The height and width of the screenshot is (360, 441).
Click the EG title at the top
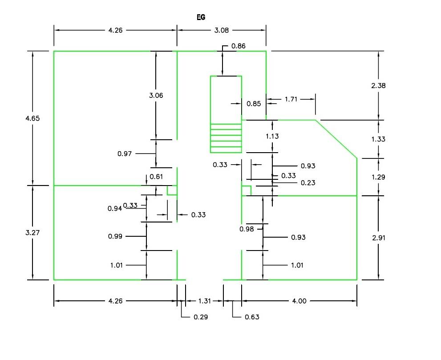(201, 18)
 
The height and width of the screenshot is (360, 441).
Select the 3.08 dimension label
(221, 30)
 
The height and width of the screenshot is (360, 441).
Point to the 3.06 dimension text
(156, 95)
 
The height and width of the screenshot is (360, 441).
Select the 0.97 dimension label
(125, 154)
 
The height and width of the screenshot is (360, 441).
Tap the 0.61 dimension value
(156, 177)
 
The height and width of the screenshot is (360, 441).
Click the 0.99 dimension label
(115, 236)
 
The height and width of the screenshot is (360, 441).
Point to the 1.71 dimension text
(291, 99)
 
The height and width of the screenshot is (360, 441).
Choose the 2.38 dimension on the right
(378, 86)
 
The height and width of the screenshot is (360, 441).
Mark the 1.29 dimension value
(378, 177)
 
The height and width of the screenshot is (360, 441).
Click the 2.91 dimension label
(378, 238)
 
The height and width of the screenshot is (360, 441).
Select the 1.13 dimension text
(272, 137)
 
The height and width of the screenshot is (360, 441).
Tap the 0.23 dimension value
(308, 183)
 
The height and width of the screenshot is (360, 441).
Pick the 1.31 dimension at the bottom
(204, 301)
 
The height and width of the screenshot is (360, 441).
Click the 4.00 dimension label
(299, 301)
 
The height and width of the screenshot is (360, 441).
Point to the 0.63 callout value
(252, 317)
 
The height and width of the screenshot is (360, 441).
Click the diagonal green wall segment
(336, 139)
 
